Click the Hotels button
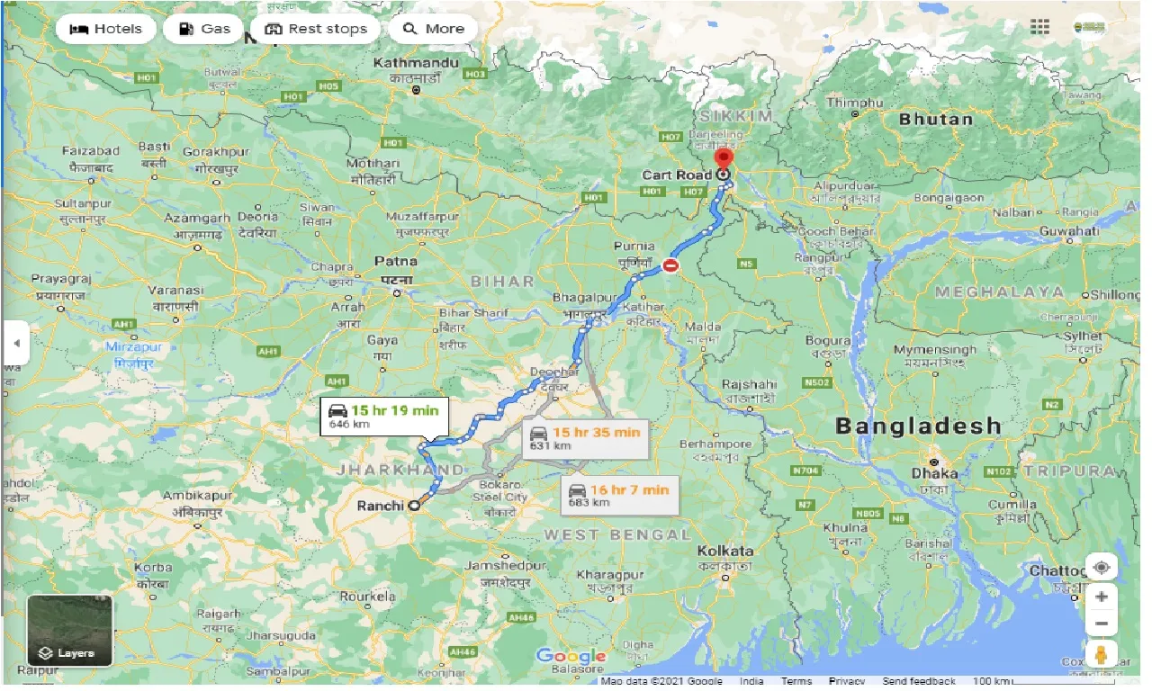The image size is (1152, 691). tap(106, 29)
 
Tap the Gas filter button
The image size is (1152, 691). tap(203, 29)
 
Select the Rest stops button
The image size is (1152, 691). tap(316, 29)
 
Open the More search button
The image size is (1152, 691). tap(433, 29)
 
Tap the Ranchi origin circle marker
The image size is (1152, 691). tap(414, 506)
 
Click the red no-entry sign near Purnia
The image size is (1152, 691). tap(670, 265)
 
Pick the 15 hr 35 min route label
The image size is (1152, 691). tap(585, 437)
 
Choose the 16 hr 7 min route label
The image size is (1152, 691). tap(620, 494)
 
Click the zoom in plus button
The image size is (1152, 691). tap(1102, 597)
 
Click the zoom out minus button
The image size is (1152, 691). tap(1102, 624)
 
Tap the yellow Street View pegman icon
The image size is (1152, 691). tap(1102, 654)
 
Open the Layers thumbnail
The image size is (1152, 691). tap(69, 630)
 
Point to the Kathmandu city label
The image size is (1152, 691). tap(417, 62)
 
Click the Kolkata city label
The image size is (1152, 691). tap(724, 551)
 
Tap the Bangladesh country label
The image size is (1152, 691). tap(917, 426)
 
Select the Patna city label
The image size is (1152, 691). tap(396, 261)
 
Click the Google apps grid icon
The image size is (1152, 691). tap(1040, 26)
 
